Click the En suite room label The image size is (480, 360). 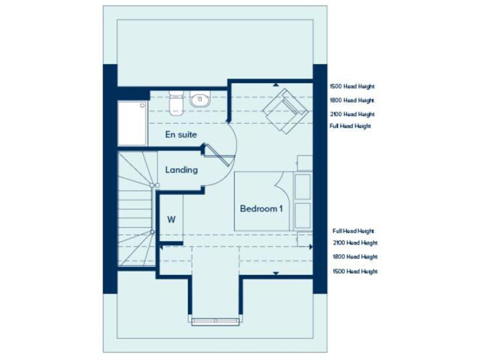181,134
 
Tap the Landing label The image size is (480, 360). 181,169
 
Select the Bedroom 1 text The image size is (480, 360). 261,209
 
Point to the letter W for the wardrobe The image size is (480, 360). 171,219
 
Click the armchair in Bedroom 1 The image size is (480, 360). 285,111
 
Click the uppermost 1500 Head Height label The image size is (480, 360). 352,87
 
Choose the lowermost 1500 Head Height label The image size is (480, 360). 354,271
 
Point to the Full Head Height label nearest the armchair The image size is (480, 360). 350,126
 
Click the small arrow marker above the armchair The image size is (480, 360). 275,84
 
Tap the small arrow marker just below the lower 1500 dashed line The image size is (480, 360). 275,273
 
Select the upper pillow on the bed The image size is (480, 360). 303,186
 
